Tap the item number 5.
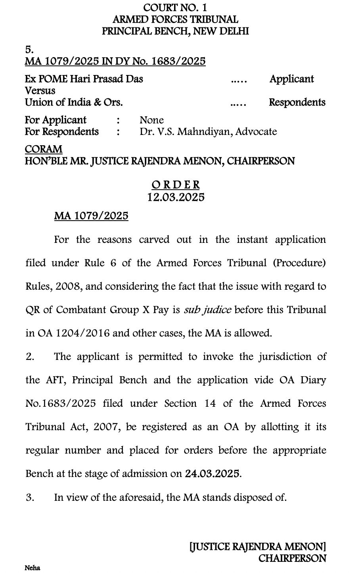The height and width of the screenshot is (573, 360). pyautogui.click(x=29, y=50)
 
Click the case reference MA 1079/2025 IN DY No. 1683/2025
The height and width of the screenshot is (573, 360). pyautogui.click(x=115, y=61)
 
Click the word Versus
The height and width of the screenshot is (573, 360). pyautogui.click(x=40, y=90)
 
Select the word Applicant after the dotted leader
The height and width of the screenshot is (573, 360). pyautogui.click(x=291, y=79)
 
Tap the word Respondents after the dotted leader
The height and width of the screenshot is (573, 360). pyautogui.click(x=297, y=102)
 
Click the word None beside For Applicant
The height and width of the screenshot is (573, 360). pyautogui.click(x=151, y=120)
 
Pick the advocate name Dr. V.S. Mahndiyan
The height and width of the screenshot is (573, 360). pyautogui.click(x=185, y=132)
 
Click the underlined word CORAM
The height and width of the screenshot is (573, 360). pyautogui.click(x=44, y=150)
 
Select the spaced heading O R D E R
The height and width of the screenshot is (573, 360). pyautogui.click(x=176, y=185)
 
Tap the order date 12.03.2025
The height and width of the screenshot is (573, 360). pyautogui.click(x=176, y=197)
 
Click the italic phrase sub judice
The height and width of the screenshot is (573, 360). pyautogui.click(x=207, y=310)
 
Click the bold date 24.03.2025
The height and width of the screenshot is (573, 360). pyautogui.click(x=212, y=474)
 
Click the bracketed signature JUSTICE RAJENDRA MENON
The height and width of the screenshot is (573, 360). pyautogui.click(x=258, y=547)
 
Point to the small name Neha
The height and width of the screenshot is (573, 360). pyautogui.click(x=33, y=568)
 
